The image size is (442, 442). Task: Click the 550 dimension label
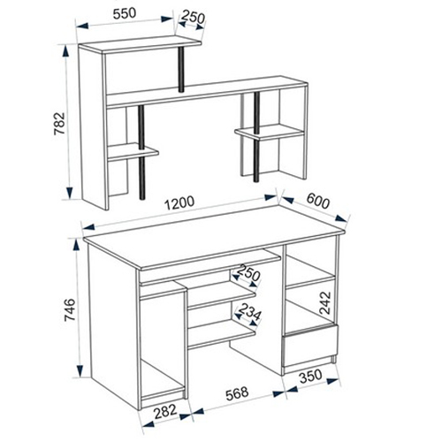[x=125, y=13]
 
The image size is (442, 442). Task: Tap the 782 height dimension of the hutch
[x=59, y=123]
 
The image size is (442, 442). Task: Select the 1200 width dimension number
[x=179, y=202]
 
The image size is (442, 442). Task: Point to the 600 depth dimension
[x=317, y=201]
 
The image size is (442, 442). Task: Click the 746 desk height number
[x=70, y=309]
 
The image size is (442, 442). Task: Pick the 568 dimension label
[x=237, y=393]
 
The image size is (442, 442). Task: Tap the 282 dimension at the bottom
[x=165, y=411]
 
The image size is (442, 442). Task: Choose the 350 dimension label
[x=310, y=377]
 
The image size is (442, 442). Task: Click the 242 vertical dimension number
[x=325, y=303]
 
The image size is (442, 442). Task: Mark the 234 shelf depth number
[x=249, y=311]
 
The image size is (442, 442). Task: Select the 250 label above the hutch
[x=193, y=17]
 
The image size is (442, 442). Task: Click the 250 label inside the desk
[x=249, y=272]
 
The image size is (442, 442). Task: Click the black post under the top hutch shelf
[x=181, y=69]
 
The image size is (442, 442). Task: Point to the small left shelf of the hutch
[x=133, y=152]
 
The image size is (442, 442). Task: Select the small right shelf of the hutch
[x=270, y=132]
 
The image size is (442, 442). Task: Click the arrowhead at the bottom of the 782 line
[x=70, y=193]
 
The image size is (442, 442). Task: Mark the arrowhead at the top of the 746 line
[x=76, y=245]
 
